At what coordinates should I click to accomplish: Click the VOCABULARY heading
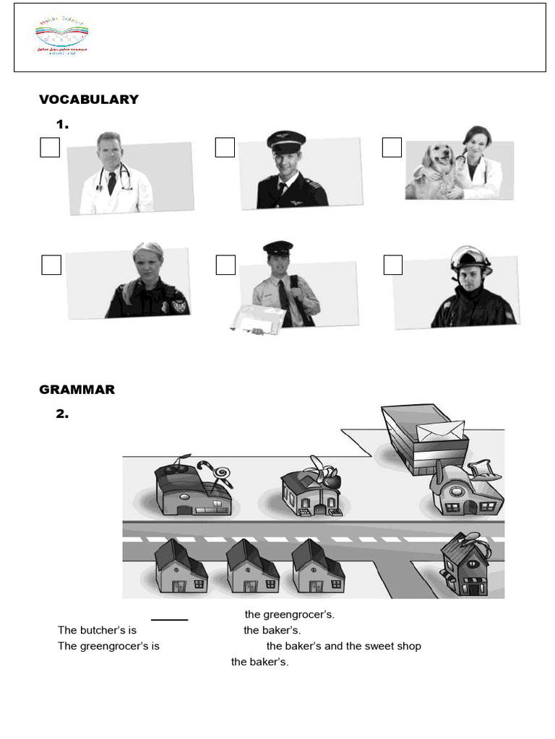pyautogui.click(x=88, y=100)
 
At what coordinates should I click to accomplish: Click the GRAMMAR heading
pyautogui.click(x=77, y=390)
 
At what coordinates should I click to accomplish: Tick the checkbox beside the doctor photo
pyautogui.click(x=50, y=147)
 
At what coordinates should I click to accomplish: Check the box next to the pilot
pyautogui.click(x=225, y=147)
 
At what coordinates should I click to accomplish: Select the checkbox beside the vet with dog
pyautogui.click(x=392, y=147)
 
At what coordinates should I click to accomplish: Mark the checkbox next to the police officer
pyautogui.click(x=51, y=265)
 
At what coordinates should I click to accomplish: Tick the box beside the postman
pyautogui.click(x=225, y=265)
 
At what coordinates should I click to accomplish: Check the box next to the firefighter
pyautogui.click(x=392, y=265)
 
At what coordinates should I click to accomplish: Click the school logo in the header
pyautogui.click(x=61, y=38)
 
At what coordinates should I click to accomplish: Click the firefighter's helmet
pyautogui.click(x=470, y=259)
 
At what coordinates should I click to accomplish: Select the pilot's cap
pyautogui.click(x=285, y=141)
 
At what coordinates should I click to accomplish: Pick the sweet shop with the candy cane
pyautogui.click(x=192, y=489)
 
